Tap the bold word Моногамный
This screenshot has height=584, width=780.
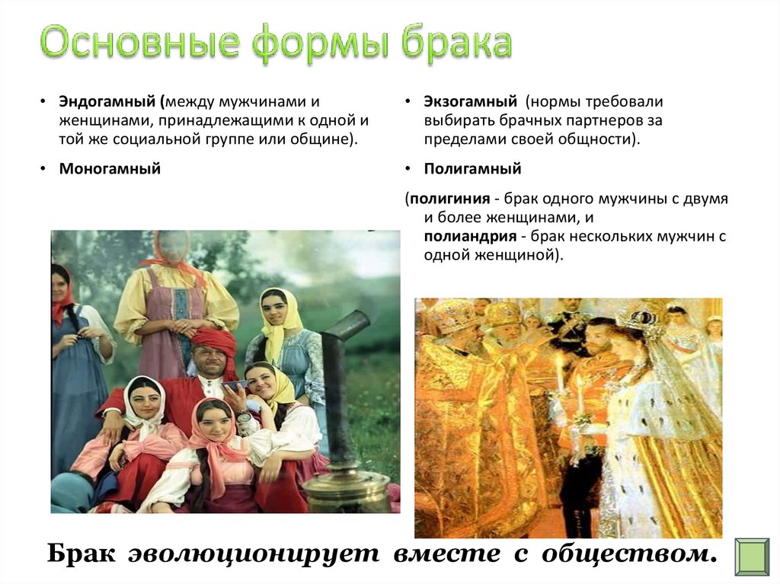click(110, 168)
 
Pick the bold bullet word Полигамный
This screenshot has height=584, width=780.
click(472, 168)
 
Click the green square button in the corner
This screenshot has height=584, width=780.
click(752, 557)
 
